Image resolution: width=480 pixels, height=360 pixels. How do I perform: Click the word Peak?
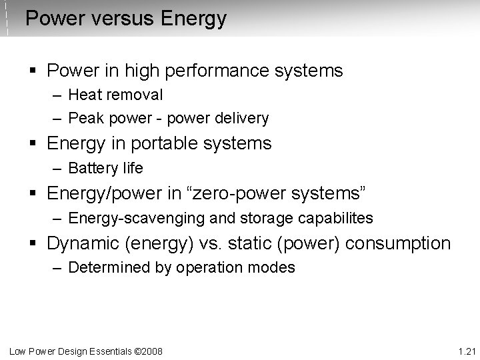pyautogui.click(x=84, y=119)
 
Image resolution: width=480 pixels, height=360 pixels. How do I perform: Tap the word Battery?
pyautogui.click(x=90, y=168)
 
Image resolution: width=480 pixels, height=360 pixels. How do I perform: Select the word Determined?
pyautogui.click(x=103, y=268)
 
